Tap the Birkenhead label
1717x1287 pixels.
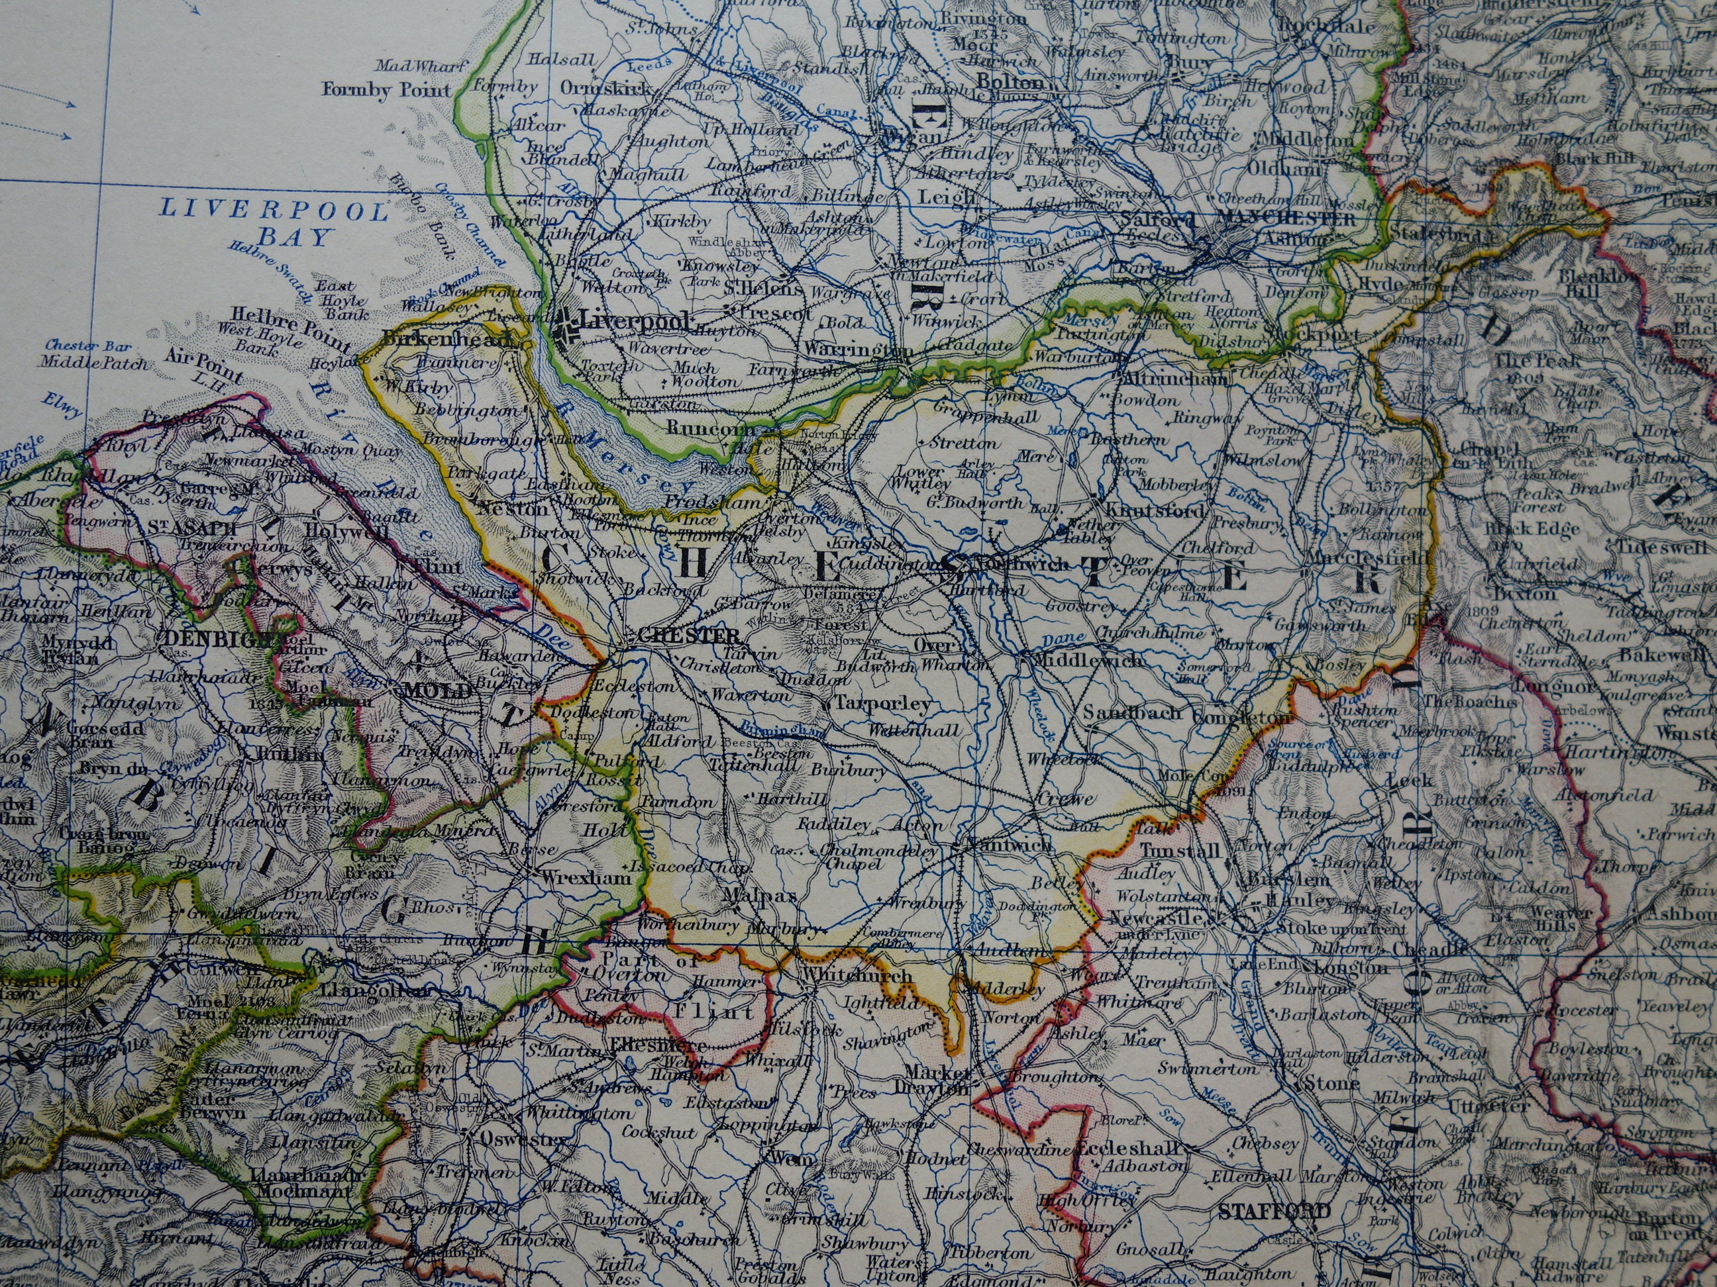pyautogui.click(x=447, y=339)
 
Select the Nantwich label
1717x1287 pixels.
pyautogui.click(x=1009, y=845)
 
